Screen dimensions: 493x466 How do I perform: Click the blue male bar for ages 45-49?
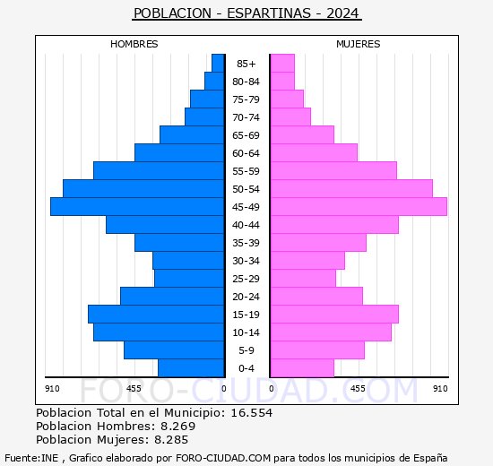[x=137, y=207]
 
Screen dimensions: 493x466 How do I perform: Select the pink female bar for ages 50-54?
[x=352, y=189]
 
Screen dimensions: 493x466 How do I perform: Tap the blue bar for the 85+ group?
[x=218, y=64]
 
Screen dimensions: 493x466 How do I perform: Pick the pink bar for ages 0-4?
[x=302, y=368]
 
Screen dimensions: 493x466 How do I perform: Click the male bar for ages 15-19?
[x=156, y=315]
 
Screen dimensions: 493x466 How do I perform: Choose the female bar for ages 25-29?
[x=303, y=279]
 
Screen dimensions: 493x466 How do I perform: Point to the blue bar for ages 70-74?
[x=204, y=117]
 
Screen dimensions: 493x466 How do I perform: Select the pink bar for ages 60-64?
[x=314, y=153]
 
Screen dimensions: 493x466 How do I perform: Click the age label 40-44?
[x=246, y=225]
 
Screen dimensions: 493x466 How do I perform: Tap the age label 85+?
[x=246, y=64]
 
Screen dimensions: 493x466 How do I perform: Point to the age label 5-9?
[x=246, y=350]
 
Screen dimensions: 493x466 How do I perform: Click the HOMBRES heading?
[x=134, y=44]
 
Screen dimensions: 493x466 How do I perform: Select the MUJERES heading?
[x=359, y=44]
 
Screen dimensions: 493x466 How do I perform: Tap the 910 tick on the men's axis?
[x=52, y=389]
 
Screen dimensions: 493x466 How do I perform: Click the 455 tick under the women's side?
[x=358, y=389]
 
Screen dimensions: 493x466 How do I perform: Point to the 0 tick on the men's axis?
[x=223, y=389]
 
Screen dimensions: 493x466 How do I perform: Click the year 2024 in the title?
[x=342, y=13]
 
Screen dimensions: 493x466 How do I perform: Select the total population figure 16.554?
[x=252, y=413]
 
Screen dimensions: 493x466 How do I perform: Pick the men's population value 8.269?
[x=178, y=427]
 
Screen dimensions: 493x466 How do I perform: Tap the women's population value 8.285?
[x=171, y=440]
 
